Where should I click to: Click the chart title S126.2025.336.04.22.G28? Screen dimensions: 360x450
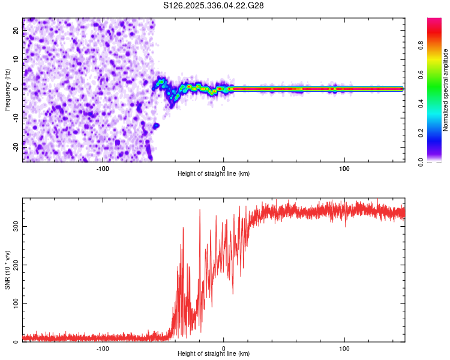point(214,5)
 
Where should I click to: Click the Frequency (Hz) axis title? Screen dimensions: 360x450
point(7,89)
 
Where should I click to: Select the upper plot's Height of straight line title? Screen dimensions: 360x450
point(214,173)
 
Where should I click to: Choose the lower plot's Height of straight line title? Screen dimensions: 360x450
point(214,353)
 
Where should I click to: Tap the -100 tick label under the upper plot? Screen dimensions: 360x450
point(103,167)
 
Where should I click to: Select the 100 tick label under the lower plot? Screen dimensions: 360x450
point(344,347)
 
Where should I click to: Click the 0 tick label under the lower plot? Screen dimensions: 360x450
point(224,347)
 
